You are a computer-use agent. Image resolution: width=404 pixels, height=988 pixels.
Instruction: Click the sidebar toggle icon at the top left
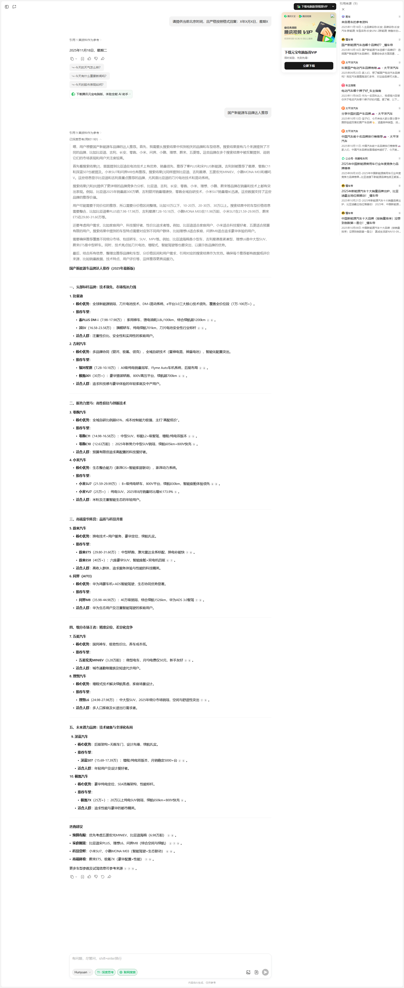[7, 7]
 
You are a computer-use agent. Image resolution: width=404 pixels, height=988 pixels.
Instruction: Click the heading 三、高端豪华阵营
[96, 519]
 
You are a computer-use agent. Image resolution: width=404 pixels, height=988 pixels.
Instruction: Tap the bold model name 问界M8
[85, 600]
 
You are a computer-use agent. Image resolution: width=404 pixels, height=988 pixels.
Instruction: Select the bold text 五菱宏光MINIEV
[91, 660]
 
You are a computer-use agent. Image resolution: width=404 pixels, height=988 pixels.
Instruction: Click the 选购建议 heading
[76, 826]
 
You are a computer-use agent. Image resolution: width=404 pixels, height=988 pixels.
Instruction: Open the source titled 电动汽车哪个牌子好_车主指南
[361, 91]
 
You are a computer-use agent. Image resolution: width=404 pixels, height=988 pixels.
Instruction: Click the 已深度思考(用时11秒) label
[84, 139]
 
